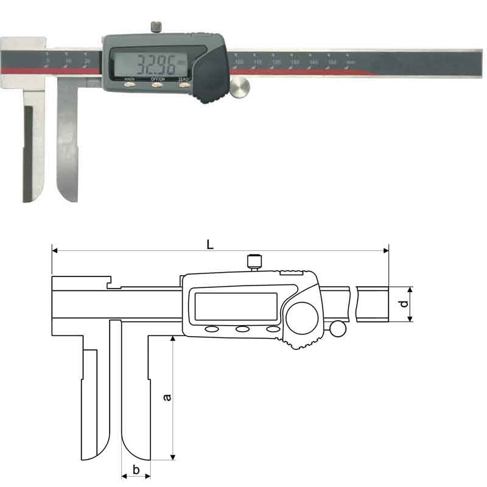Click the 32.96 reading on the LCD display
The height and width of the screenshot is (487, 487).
[x=156, y=63]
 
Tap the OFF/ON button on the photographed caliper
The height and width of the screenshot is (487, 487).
[x=157, y=86]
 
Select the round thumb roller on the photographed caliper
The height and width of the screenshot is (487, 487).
[x=240, y=86]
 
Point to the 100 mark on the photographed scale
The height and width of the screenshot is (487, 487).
[x=239, y=62]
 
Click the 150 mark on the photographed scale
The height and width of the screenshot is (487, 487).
[x=333, y=62]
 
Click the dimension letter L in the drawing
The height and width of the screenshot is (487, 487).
[x=209, y=245]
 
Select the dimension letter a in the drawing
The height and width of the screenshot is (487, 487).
[x=167, y=397]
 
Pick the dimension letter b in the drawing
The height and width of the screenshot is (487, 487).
[x=136, y=469]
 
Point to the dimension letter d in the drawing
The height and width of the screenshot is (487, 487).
[x=403, y=304]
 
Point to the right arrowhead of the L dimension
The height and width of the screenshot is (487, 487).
[x=385, y=250]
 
